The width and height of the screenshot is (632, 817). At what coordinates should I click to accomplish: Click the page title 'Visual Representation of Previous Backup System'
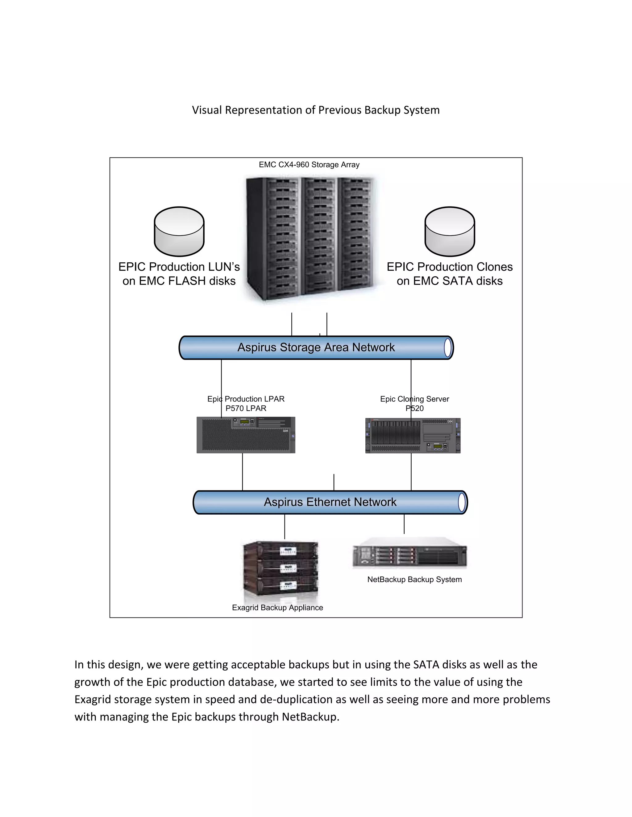pyautogui.click(x=316, y=110)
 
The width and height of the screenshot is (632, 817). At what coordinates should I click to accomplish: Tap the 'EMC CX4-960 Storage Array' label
pyautogui.click(x=309, y=165)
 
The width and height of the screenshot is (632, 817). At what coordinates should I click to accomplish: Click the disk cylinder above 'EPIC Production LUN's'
pyautogui.click(x=179, y=232)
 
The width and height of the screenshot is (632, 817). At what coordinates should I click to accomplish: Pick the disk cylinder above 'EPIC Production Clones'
pyautogui.click(x=450, y=232)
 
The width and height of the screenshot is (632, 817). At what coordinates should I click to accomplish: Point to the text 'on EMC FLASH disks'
pyautogui.click(x=179, y=281)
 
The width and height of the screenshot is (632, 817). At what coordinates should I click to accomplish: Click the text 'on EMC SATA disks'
pyautogui.click(x=449, y=281)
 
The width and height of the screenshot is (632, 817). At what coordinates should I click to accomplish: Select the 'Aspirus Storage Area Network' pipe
pyautogui.click(x=316, y=347)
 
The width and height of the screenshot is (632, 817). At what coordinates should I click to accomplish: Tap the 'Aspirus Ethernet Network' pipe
pyautogui.click(x=330, y=502)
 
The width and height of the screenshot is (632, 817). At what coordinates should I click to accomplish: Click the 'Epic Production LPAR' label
pyautogui.click(x=246, y=399)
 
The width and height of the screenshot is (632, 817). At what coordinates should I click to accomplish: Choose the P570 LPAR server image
pyautogui.click(x=246, y=435)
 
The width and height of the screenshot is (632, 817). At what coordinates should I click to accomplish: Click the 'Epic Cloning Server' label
pyautogui.click(x=414, y=399)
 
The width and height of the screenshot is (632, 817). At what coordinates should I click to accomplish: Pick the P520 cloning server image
pyautogui.click(x=413, y=435)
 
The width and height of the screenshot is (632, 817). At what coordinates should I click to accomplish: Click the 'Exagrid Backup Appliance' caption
pyautogui.click(x=277, y=608)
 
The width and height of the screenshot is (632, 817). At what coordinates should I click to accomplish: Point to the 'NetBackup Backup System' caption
pyautogui.click(x=414, y=580)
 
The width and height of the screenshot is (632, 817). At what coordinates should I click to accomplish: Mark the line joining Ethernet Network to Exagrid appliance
pyautogui.click(x=285, y=527)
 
